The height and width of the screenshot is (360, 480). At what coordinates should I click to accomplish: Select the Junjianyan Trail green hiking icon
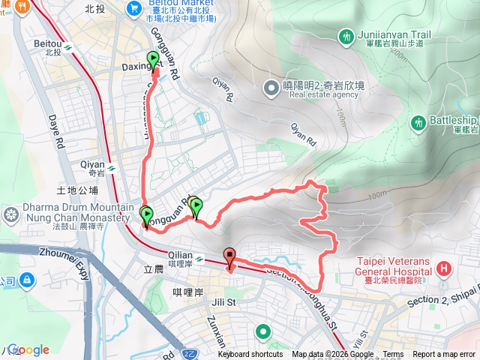point(346,35)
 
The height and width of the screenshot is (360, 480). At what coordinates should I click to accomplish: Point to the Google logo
point(28,349)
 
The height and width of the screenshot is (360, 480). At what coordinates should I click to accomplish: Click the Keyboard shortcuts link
point(250,355)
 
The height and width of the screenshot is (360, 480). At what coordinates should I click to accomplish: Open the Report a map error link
point(444,355)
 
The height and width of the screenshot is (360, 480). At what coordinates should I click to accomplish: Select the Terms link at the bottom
point(393,355)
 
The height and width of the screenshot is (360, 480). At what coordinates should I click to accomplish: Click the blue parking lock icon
point(27,280)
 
